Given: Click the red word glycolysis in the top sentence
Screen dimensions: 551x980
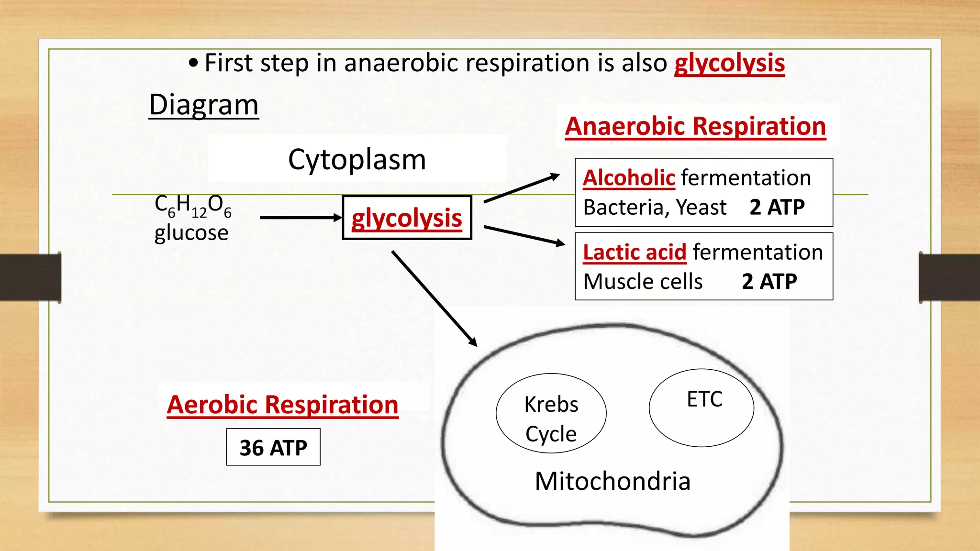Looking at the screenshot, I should pos(729,64).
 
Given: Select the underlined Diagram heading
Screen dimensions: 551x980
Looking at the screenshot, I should pos(203,105).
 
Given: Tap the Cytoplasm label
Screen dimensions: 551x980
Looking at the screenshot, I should pos(357,159).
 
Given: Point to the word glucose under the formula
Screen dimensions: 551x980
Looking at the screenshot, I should pos(191,233).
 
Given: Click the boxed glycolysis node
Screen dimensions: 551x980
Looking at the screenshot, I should pos(407,218).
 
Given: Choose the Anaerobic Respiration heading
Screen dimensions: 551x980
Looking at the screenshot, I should pos(695,127).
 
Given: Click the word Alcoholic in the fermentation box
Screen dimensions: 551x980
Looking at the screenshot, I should pos(629,178).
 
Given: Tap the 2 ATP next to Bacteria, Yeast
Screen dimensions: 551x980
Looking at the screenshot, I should pos(777,207).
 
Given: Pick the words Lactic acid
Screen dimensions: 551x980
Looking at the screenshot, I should pos(635,252).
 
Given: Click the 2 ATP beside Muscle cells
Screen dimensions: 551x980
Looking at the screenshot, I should pos(769,281).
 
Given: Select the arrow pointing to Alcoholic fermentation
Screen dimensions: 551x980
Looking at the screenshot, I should pos(522,188).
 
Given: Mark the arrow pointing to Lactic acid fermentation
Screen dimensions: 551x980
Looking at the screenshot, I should pos(524,235).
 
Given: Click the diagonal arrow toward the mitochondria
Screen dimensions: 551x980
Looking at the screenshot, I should pos(434,298).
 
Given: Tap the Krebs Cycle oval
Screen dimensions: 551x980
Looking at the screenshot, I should pos(551,414).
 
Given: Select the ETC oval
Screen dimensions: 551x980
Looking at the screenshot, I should pos(702,408).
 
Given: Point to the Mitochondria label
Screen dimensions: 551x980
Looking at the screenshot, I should pos(612,481).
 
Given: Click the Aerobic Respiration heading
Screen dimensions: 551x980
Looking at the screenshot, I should pos(282,405).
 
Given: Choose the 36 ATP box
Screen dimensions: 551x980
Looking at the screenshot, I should pos(273,448).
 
